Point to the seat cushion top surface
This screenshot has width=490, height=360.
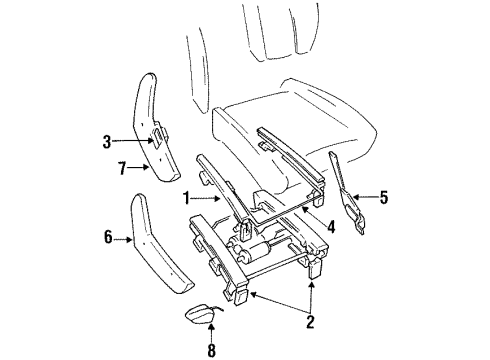(x=300, y=105)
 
